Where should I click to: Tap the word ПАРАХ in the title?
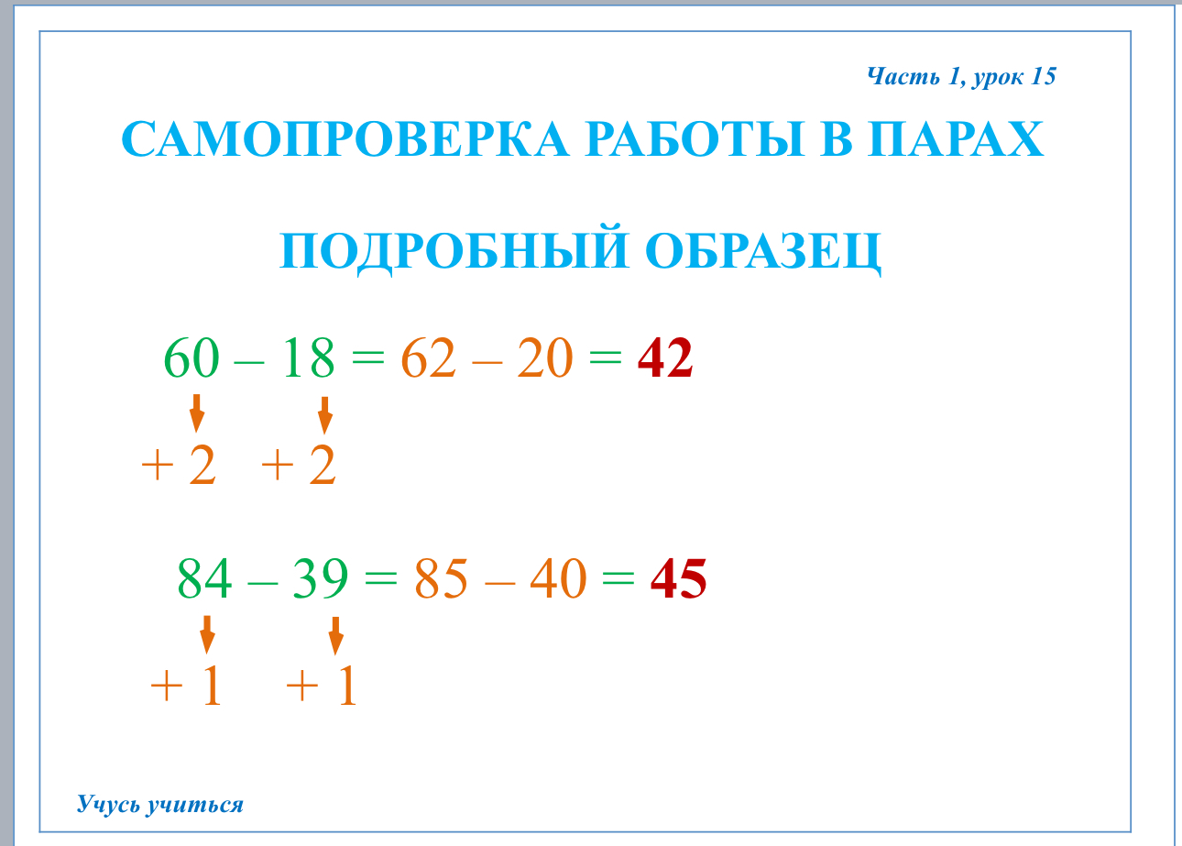coord(956,139)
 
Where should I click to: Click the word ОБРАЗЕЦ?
coord(763,251)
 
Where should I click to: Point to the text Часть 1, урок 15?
coord(961,77)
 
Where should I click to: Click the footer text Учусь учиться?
coord(159,805)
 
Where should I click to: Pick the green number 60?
coord(191,357)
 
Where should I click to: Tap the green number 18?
coord(309,357)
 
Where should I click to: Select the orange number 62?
coord(428,357)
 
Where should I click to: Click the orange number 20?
coord(545,357)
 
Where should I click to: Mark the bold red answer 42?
coord(665,357)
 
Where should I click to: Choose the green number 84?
coord(204,577)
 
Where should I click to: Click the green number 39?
coord(321,577)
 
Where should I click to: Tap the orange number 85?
coord(441,577)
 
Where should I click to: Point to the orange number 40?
coord(558,577)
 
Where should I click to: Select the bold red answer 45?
coord(679,577)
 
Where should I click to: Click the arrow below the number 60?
coord(197,413)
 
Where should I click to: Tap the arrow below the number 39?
coord(336,636)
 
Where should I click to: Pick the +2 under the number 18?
coord(299,465)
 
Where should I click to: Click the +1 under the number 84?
coord(186,686)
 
